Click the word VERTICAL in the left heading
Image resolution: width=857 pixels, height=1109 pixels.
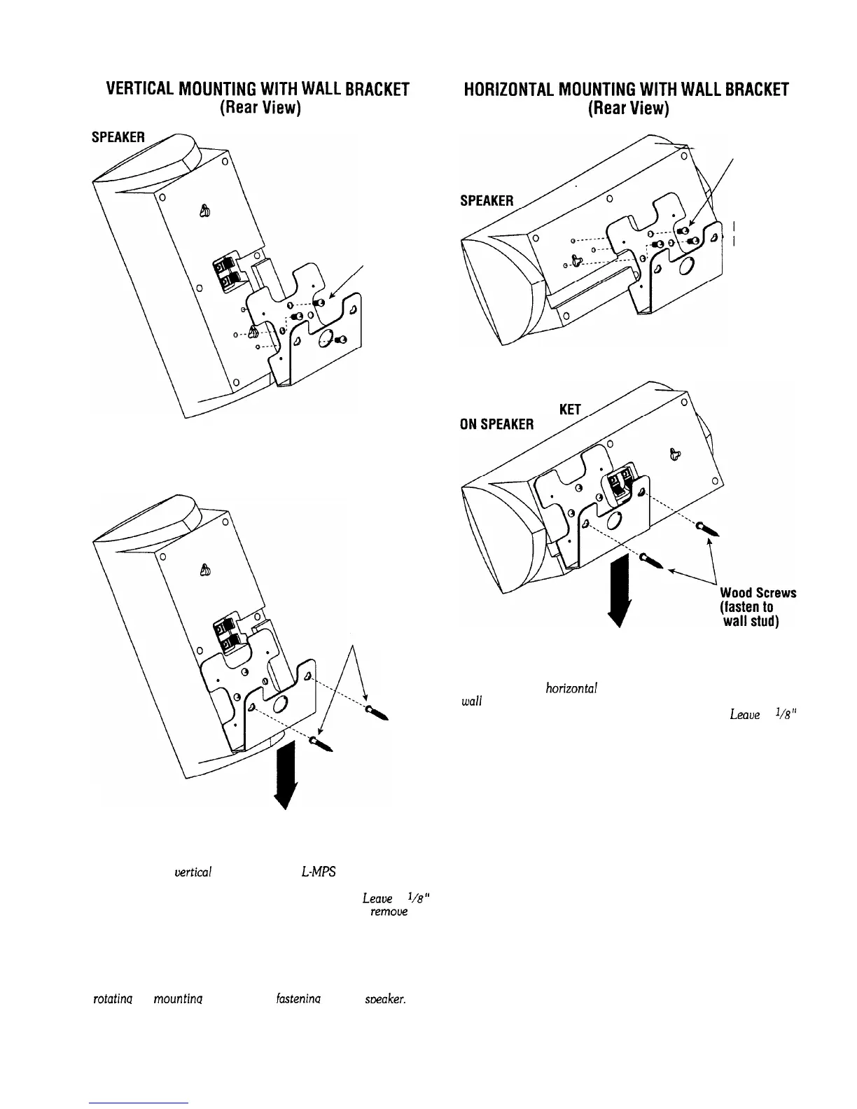137,90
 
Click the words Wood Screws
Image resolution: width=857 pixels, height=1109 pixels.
758,593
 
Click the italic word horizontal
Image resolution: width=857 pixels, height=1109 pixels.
571,688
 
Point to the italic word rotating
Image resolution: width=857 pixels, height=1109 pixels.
109,1000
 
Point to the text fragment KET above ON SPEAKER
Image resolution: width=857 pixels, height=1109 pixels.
571,410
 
